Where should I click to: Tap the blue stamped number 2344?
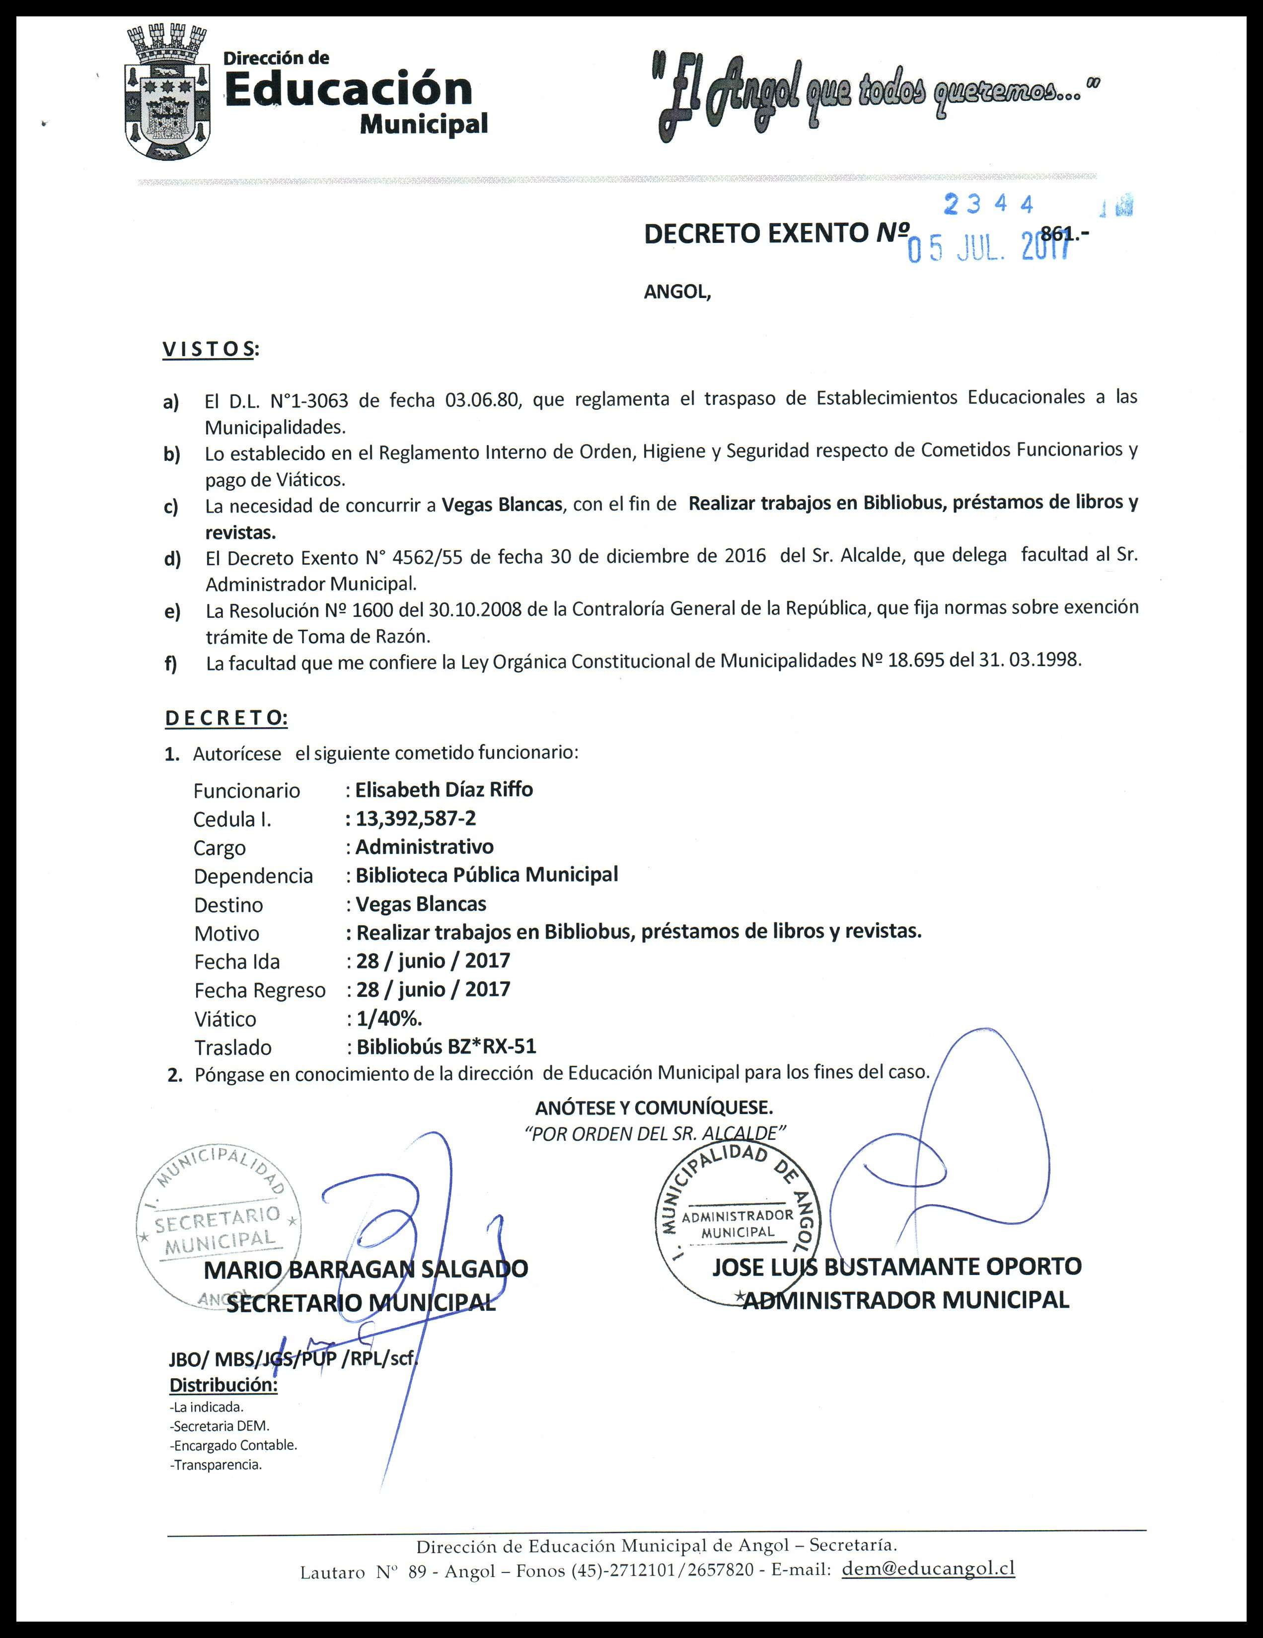[988, 205]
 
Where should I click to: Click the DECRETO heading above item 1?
[226, 718]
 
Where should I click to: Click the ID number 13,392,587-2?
[416, 818]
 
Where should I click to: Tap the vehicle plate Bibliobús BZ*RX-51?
[446, 1046]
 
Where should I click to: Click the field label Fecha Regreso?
[259, 990]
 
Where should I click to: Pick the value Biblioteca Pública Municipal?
[487, 875]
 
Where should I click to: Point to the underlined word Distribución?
[223, 1385]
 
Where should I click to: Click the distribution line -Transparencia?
[216, 1465]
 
